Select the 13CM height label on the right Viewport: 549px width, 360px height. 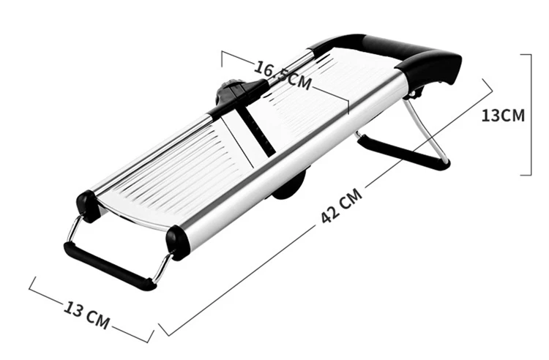pos(503,115)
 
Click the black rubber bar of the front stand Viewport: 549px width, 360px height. pos(110,266)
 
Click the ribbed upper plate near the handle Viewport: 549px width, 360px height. pos(329,95)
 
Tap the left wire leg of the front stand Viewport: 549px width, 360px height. pos(72,233)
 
